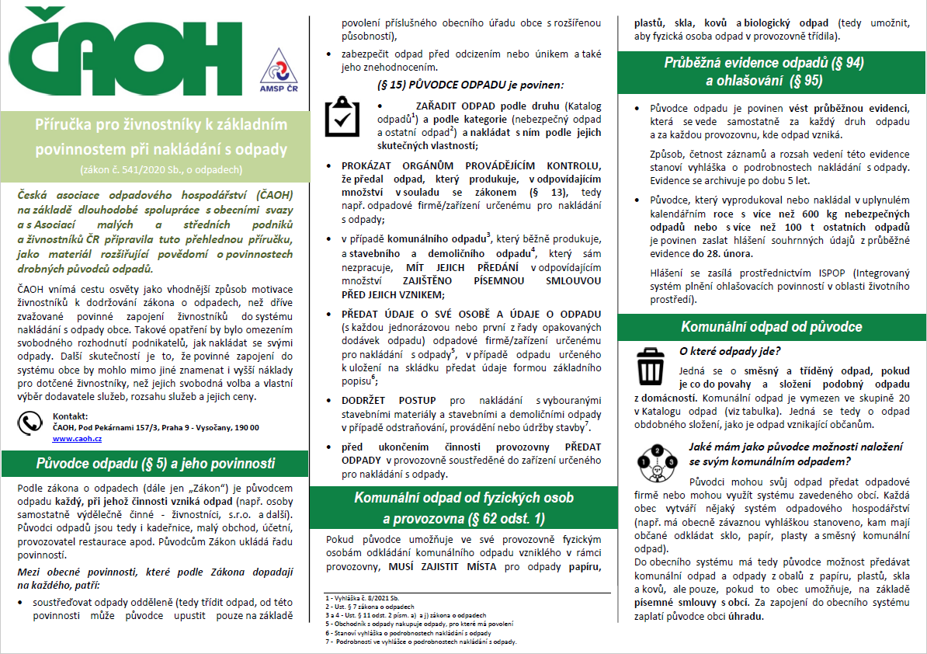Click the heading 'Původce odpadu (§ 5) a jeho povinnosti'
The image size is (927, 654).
pos(155,464)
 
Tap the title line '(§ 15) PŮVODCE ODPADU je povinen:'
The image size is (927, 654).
pos(470,84)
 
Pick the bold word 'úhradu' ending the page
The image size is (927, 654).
pos(745,617)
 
